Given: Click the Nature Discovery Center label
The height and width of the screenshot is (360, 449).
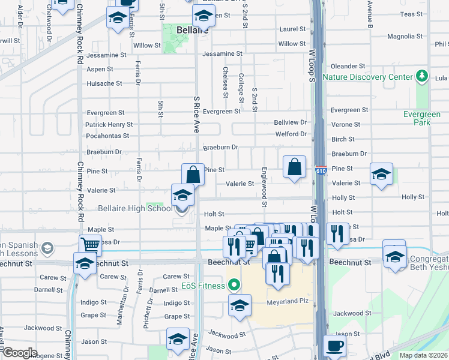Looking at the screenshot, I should point(367,77).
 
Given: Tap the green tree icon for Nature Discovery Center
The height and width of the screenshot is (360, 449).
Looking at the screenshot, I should point(423,76).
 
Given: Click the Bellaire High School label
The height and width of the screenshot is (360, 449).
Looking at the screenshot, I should point(134,208).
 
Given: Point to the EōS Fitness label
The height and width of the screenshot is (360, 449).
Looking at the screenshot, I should point(205,286).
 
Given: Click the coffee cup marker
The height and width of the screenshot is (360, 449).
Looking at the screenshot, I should point(335,346).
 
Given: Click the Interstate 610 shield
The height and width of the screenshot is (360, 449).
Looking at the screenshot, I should point(321,171).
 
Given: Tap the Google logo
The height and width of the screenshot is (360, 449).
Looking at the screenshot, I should point(20,353).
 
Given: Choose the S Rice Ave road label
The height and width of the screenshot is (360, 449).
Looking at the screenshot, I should point(196,113).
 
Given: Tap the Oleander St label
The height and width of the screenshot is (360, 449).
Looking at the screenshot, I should point(346,66).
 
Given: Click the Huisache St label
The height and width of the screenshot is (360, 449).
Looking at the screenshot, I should point(104,83).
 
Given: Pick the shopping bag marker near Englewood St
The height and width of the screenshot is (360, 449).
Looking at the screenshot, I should point(295,167).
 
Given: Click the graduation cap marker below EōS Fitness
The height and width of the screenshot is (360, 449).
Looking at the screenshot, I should point(240,306).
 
